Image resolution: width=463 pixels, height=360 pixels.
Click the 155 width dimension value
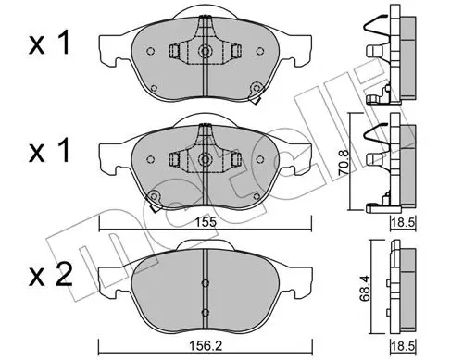tap(206, 222)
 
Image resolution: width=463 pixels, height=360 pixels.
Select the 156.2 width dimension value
tap(206, 346)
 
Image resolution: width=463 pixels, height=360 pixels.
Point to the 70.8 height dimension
tap(344, 167)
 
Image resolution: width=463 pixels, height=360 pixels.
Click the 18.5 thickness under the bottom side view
tap(403, 346)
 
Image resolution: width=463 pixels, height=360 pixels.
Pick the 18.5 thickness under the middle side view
tap(404, 222)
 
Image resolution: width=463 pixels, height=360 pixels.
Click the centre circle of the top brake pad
tap(205, 50)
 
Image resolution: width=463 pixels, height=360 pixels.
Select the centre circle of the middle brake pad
tap(205, 159)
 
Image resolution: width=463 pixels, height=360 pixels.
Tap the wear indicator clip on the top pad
tap(256, 93)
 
